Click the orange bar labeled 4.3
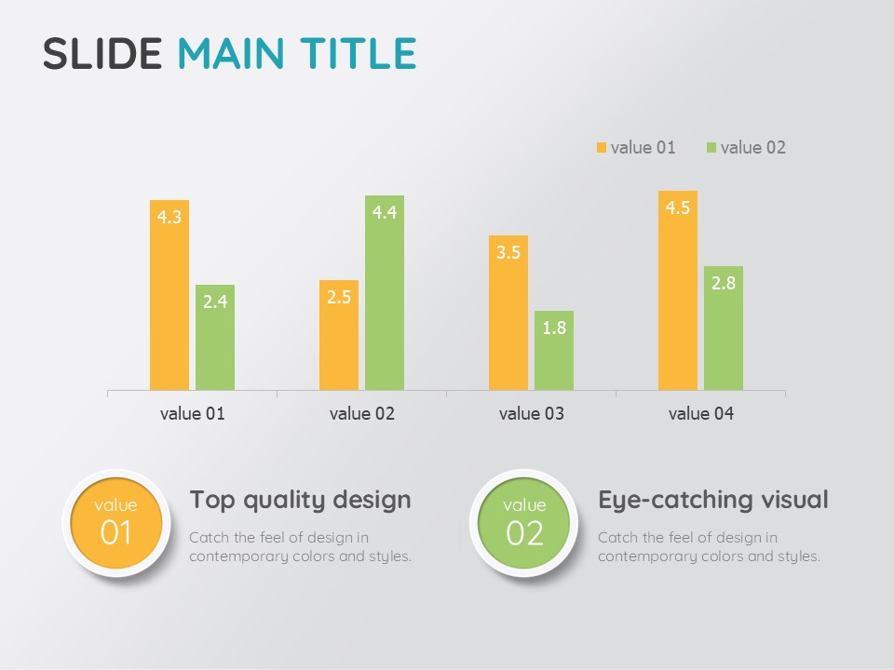tap(169, 295)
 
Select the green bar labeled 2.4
tap(215, 337)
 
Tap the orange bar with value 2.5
tap(339, 335)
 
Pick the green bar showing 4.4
tap(385, 293)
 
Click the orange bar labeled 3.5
tap(508, 313)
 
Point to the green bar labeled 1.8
tap(553, 351)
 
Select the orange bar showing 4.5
tap(677, 290)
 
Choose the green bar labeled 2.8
tap(723, 328)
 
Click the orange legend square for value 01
tap(601, 148)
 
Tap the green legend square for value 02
tap(711, 148)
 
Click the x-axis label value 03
tap(532, 413)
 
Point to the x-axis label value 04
tap(700, 413)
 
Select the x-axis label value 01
tap(192, 413)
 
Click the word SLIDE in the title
tap(102, 54)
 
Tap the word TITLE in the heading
tap(358, 54)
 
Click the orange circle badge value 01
tap(116, 523)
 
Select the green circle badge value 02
tap(524, 523)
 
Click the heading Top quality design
tap(300, 501)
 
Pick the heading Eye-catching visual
tap(712, 500)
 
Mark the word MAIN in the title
tap(231, 54)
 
